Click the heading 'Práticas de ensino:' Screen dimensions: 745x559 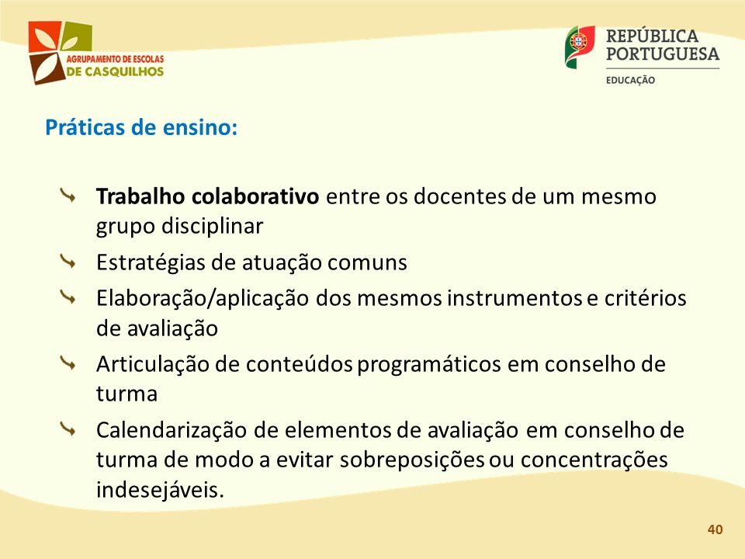[141, 128]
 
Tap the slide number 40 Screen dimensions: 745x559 [715, 529]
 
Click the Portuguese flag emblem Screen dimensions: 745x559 [580, 47]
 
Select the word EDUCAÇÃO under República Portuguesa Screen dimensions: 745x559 [630, 80]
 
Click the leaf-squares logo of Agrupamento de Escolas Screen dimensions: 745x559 [60, 52]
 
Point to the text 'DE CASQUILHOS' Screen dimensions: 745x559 [115, 71]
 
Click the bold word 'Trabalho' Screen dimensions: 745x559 [140, 196]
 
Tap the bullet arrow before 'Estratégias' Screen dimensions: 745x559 [68, 261]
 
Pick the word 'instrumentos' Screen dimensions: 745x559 [515, 298]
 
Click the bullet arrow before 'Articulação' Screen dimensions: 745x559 [68, 363]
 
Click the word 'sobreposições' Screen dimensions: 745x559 [412, 460]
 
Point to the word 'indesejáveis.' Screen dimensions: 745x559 [160, 490]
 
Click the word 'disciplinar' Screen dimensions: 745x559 [212, 227]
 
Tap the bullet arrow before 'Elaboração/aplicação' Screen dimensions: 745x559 [68, 297]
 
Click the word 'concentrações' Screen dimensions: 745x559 [594, 460]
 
